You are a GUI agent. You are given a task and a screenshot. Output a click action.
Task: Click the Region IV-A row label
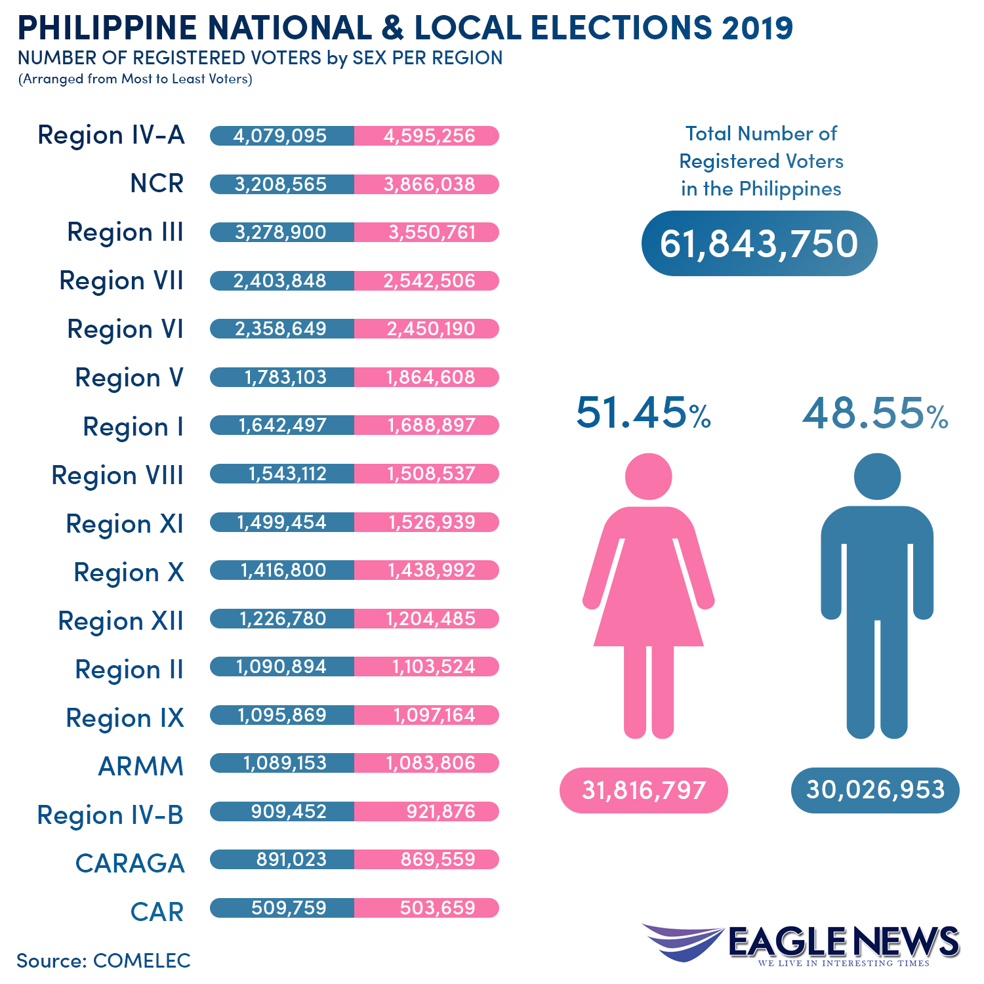click(111, 135)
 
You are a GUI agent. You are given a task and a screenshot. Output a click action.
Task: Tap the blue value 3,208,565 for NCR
click(281, 184)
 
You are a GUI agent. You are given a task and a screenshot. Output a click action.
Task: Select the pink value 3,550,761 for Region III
click(432, 232)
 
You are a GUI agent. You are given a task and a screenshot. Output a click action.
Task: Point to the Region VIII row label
click(117, 475)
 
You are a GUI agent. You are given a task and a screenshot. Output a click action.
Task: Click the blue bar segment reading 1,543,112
click(287, 474)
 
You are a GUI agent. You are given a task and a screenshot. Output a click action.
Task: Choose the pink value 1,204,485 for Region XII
click(430, 619)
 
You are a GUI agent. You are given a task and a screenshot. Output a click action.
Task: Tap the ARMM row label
click(140, 766)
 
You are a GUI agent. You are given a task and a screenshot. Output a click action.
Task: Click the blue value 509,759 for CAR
click(289, 908)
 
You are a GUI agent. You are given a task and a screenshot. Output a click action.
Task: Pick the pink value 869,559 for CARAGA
click(438, 859)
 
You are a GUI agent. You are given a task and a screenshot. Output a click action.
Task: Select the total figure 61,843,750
click(759, 243)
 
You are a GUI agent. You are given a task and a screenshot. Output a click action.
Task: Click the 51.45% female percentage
click(644, 413)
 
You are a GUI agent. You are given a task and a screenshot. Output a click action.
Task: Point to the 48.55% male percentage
click(875, 413)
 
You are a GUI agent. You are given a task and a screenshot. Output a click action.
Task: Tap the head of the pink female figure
click(648, 476)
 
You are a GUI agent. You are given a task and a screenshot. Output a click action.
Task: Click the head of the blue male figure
click(877, 476)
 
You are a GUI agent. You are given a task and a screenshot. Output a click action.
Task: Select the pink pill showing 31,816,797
click(644, 790)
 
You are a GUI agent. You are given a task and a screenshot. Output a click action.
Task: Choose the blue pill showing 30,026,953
click(875, 790)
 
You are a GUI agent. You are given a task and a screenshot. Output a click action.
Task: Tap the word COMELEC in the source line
click(142, 960)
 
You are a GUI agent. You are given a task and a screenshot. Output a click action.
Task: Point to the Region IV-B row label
click(110, 815)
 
